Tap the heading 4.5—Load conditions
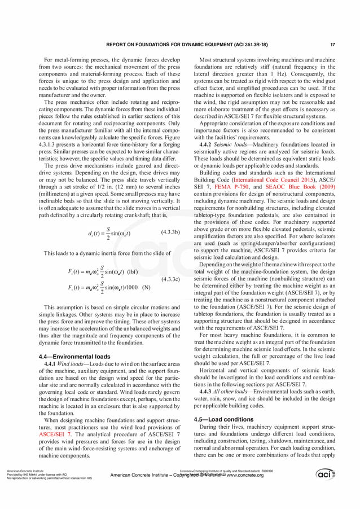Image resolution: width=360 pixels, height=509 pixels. pyautogui.click(x=223, y=419)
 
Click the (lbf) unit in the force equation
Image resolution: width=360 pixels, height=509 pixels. pyautogui.click(x=133, y=271)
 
